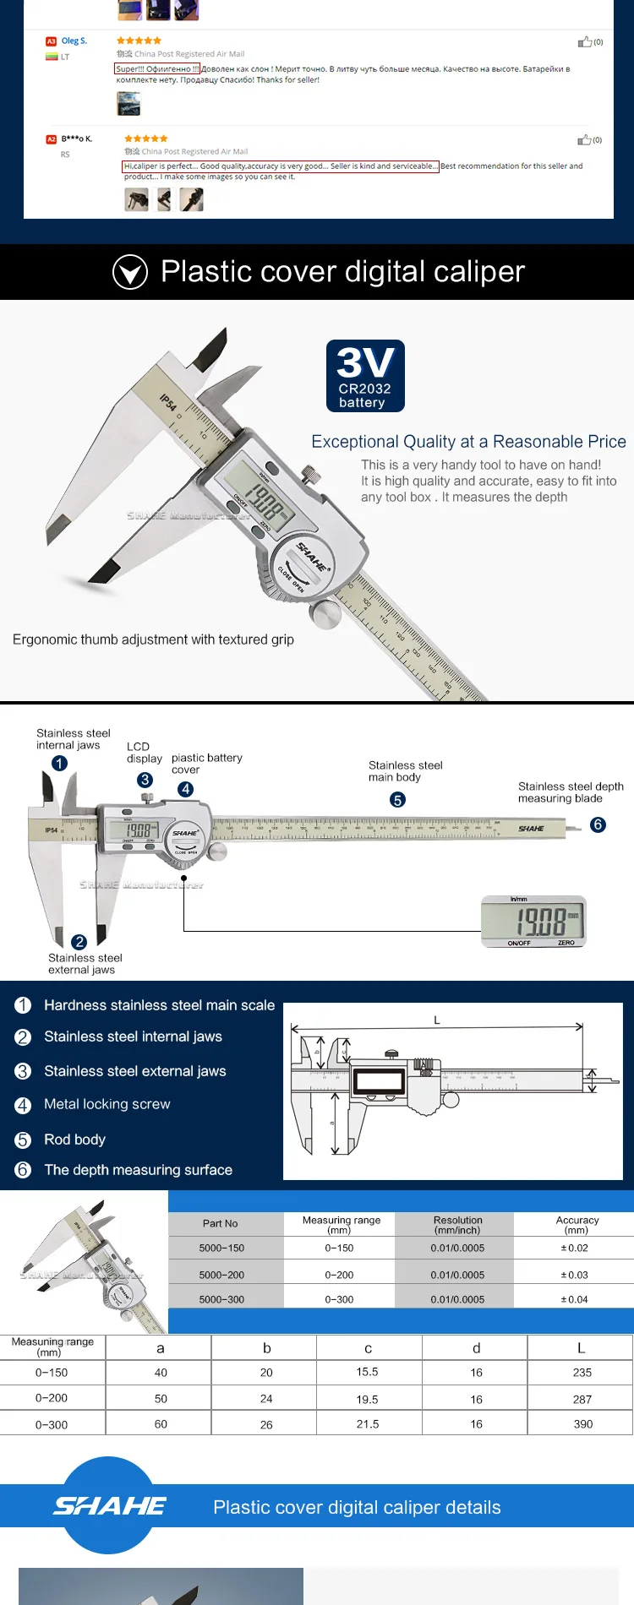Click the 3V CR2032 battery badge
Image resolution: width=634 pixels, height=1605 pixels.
[x=365, y=376]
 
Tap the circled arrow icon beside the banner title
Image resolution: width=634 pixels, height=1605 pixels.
[x=130, y=272]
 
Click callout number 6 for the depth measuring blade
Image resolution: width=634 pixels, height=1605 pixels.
[x=598, y=824]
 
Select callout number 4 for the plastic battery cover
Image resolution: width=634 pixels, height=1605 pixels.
[x=185, y=789]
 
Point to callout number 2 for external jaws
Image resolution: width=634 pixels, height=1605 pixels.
[x=79, y=942]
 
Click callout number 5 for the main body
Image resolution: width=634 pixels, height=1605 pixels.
[x=397, y=800]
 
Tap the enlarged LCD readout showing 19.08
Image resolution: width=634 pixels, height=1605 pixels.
[x=533, y=922]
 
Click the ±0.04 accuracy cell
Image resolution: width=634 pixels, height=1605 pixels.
[x=574, y=1299]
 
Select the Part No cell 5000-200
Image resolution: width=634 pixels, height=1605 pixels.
[x=221, y=1275]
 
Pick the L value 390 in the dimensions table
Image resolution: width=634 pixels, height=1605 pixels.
[x=582, y=1423]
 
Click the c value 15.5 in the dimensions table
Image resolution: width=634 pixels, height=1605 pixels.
[x=367, y=1372]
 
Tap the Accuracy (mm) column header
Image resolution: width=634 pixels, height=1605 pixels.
[x=577, y=1224]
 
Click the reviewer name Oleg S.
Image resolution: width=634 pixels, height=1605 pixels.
[x=74, y=41]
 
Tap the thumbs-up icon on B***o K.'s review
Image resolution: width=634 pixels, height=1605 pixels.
[x=584, y=139]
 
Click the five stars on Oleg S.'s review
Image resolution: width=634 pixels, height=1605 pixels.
[x=139, y=41]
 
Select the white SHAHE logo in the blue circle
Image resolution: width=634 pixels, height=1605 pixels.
[x=109, y=1505]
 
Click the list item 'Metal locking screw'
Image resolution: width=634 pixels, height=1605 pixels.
[x=107, y=1104]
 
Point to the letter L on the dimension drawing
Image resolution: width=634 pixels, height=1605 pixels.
[x=437, y=1020]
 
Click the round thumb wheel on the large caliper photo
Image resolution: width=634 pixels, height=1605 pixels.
[x=325, y=614]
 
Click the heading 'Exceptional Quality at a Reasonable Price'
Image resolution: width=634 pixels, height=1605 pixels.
[x=468, y=442]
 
